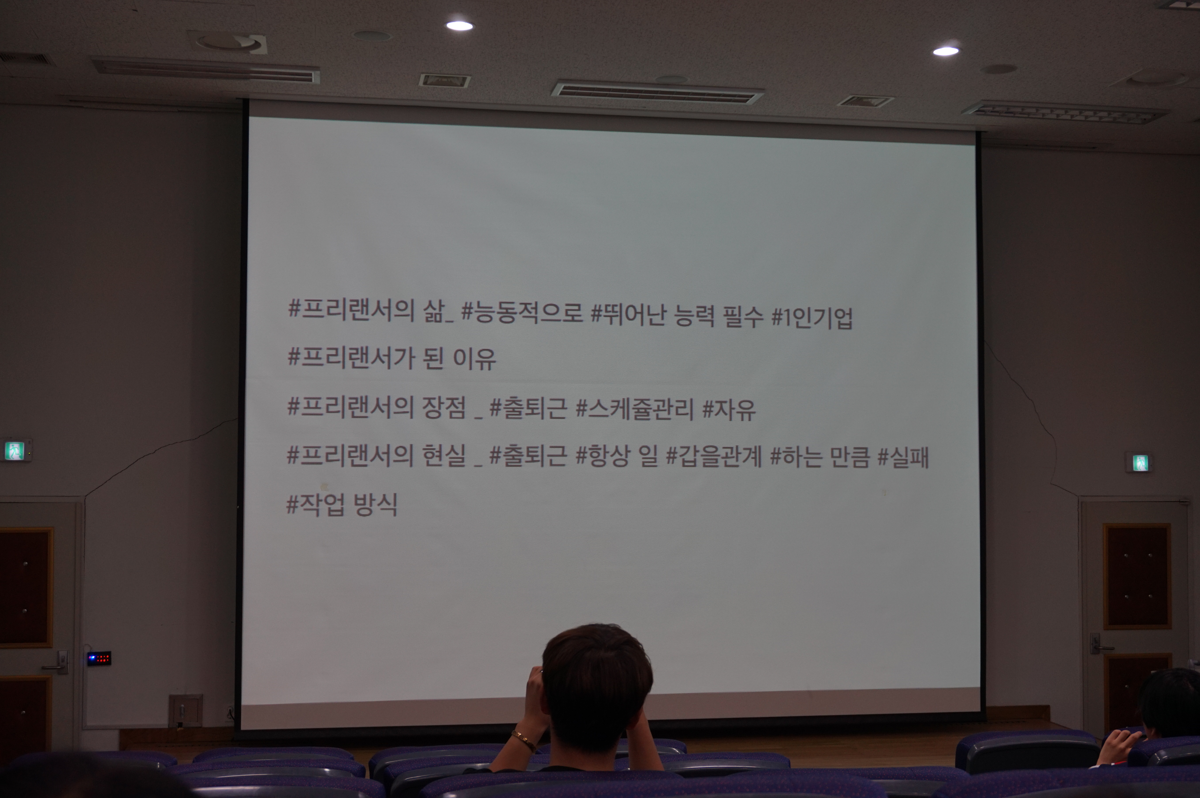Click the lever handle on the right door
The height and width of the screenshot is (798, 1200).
point(1099,646)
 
